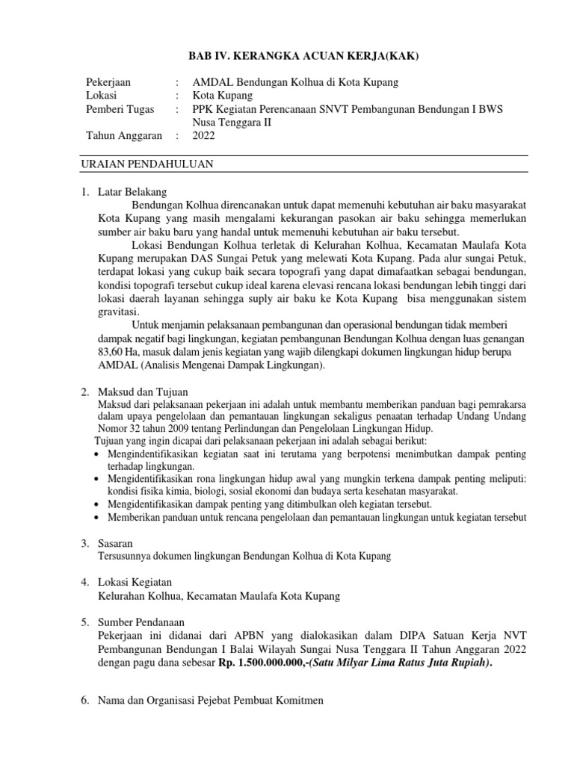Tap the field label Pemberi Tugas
click(120, 109)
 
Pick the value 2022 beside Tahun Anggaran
click(204, 136)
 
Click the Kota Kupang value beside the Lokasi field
click(223, 96)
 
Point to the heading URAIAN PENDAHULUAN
click(148, 164)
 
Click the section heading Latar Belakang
click(132, 191)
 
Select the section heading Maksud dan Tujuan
click(143, 391)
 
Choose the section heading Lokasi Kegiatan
click(135, 582)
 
